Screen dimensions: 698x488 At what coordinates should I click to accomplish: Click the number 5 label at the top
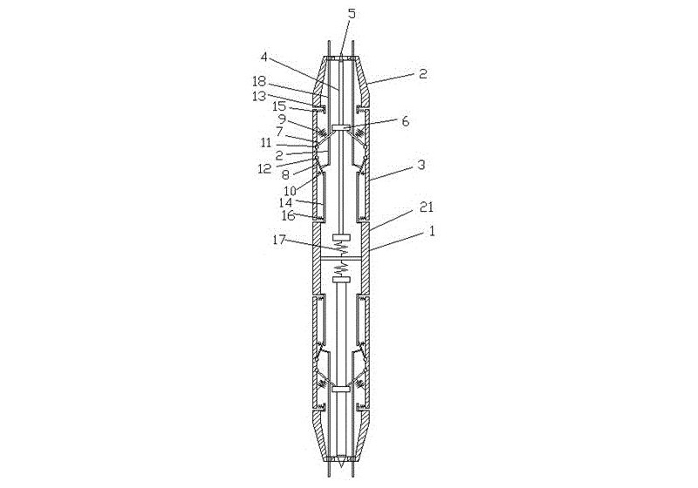click(x=352, y=13)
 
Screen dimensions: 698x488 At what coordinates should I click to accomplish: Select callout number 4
click(x=264, y=58)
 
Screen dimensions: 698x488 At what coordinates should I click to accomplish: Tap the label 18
click(x=258, y=81)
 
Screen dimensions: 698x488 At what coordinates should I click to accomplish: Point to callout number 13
click(x=258, y=96)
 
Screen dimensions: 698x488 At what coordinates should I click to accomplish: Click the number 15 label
click(x=278, y=106)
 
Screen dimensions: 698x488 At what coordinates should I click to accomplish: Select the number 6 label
click(x=279, y=131)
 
